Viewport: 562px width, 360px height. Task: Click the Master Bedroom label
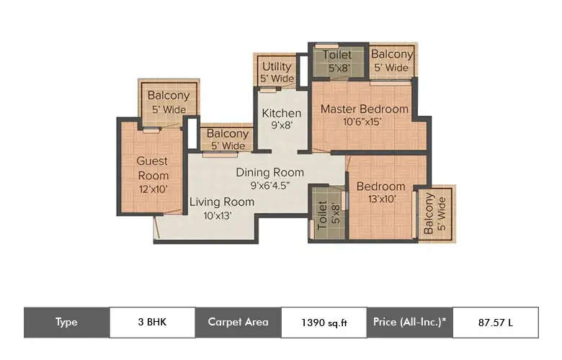[364, 109]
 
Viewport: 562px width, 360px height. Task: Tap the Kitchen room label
[281, 114]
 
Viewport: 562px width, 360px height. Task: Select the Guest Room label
[153, 168]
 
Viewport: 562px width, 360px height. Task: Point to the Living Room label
[221, 202]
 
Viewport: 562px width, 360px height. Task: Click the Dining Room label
[269, 173]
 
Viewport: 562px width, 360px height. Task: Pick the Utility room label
[277, 67]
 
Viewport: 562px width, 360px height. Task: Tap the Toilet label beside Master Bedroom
[337, 55]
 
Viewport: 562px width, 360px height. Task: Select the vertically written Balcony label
[429, 214]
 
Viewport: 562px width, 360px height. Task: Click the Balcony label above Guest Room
[168, 96]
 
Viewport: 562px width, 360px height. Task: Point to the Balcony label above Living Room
[228, 134]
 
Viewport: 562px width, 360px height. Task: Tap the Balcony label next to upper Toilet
[392, 55]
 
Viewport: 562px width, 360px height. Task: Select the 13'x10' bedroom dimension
[380, 199]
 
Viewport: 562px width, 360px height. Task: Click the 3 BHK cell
[151, 323]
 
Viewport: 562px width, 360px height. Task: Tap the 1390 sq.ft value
[324, 323]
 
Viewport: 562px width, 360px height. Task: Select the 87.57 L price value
[495, 323]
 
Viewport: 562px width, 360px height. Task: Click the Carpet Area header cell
[238, 323]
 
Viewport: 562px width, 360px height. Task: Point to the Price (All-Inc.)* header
[409, 323]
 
